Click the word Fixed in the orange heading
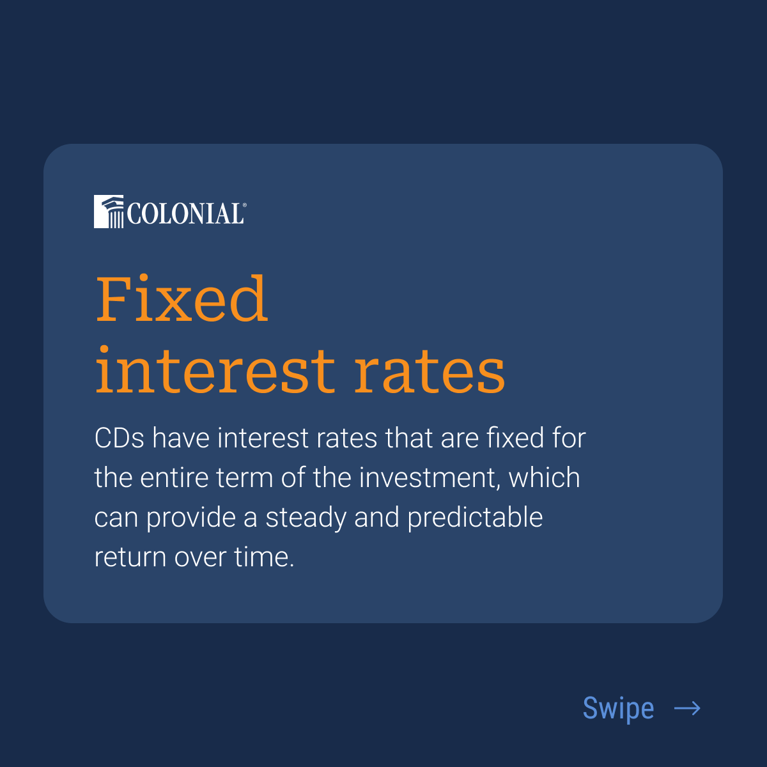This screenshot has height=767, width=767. tap(182, 299)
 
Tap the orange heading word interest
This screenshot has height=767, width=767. tap(215, 371)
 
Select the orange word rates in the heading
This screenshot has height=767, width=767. tap(430, 371)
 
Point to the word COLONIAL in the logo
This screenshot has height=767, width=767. tap(185, 214)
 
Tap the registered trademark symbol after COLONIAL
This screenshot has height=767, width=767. tap(244, 205)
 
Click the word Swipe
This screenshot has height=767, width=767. tap(618, 708)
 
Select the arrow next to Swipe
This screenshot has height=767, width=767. tap(687, 708)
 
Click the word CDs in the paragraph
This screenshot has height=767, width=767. tap(120, 438)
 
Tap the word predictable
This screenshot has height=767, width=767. tap(475, 518)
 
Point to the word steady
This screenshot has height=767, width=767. tap(306, 518)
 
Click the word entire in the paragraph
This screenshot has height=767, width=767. tap(174, 478)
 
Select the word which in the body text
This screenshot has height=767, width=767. tap(545, 478)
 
